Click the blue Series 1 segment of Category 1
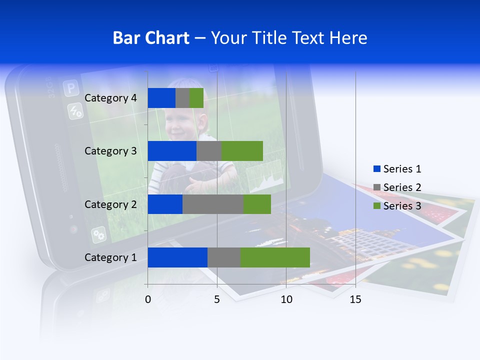177,257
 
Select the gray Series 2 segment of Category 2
213,204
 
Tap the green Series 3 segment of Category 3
242,151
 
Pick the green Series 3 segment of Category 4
196,98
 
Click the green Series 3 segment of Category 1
275,257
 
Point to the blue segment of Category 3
172,151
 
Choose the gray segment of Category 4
182,98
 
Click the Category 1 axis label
110,257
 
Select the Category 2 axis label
110,204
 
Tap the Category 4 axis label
110,98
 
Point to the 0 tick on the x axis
148,299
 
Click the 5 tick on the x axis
217,299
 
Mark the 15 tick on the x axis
355,299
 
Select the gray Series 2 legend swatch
377,187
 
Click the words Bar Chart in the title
151,38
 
